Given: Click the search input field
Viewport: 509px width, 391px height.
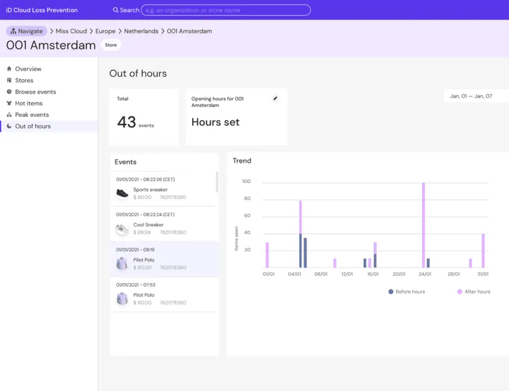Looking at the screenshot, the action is point(226,10).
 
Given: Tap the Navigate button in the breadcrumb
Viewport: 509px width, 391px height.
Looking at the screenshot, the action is point(27,31).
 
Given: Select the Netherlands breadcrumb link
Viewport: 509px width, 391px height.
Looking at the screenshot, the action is point(141,31).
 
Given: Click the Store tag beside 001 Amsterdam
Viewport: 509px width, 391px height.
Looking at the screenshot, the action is point(111,45).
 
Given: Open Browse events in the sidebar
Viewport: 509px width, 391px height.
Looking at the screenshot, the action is point(36,92).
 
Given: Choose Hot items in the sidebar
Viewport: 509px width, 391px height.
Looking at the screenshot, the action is point(29,103).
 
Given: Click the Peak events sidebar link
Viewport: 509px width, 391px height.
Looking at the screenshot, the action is point(32,114).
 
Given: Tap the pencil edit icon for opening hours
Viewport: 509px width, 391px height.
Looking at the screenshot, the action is point(275,99).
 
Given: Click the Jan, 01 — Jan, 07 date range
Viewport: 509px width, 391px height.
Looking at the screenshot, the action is point(471,96).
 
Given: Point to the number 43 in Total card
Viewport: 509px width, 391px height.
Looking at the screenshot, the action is point(126,122).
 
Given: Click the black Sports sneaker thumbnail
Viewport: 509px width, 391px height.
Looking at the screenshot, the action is point(122,193).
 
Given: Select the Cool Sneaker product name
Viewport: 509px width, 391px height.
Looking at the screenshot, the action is point(148,224).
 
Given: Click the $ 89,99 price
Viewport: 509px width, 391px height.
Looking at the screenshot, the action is point(142,232).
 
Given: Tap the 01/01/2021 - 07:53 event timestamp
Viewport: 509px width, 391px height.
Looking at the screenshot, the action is point(136,285).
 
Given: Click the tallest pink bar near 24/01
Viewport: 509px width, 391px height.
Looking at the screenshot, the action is point(423,225).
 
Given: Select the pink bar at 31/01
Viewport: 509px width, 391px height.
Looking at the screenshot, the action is point(483,251).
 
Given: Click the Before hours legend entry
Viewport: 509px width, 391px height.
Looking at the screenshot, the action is point(407,292).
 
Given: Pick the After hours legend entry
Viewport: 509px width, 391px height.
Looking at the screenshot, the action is point(474,292).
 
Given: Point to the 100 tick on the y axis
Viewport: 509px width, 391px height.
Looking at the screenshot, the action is point(246,181).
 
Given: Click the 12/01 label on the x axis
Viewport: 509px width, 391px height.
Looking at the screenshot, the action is point(347,274).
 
